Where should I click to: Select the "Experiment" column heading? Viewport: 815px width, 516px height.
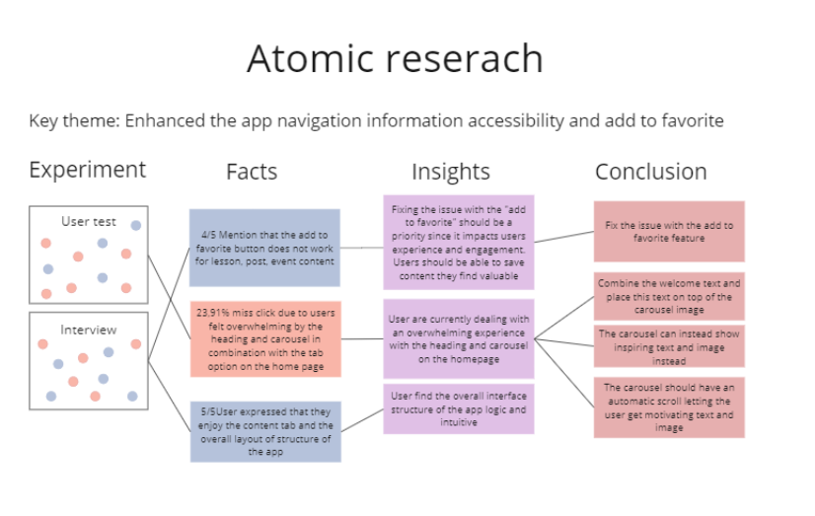[x=87, y=171]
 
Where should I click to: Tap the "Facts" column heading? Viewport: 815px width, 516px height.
[x=252, y=172]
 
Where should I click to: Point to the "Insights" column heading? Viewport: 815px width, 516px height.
[x=451, y=172]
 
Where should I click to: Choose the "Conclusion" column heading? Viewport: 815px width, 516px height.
[x=651, y=172]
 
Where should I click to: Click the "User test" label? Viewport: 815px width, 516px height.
[x=89, y=221]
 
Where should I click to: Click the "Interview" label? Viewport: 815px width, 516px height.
[x=89, y=330]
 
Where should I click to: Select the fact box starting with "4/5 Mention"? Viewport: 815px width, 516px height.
[x=264, y=248]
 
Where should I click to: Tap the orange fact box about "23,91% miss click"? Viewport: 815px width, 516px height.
[x=265, y=338]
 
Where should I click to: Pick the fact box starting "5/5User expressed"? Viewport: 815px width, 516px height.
[x=265, y=431]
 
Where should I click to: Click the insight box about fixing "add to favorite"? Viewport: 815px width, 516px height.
[x=459, y=242]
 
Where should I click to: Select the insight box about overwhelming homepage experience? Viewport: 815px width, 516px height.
[x=459, y=338]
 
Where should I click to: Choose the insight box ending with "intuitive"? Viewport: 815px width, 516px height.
[x=459, y=409]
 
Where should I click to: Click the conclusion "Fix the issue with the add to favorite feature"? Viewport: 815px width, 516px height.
[x=669, y=231]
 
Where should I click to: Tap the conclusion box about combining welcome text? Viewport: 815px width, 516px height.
[x=669, y=296]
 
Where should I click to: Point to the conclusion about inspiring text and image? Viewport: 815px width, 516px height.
[x=669, y=346]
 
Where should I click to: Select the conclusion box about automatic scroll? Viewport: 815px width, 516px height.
[x=669, y=407]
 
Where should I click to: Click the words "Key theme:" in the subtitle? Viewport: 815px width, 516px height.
[x=74, y=121]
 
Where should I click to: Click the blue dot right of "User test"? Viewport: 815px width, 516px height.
[x=135, y=226]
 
